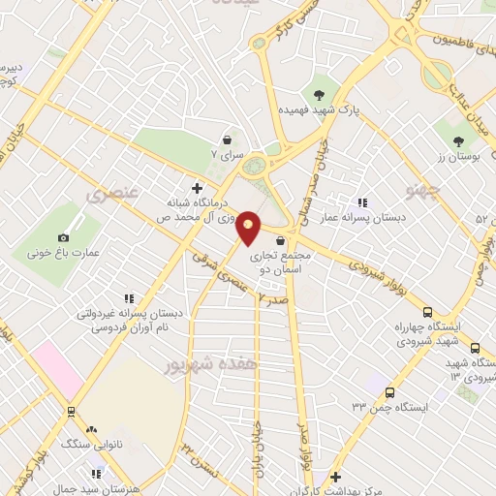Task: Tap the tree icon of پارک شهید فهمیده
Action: coord(318,94)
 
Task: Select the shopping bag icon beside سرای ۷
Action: coord(227,139)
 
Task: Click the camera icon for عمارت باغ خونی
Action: coord(64,237)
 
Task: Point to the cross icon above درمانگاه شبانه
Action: coord(198,187)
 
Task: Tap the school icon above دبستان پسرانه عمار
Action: coord(362,202)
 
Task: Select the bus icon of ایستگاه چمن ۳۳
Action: coord(389,393)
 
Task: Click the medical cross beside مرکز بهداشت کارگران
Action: coord(334,477)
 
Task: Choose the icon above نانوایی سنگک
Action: coord(92,429)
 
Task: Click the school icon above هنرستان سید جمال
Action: coord(96,474)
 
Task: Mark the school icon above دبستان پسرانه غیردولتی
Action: coord(127,298)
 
